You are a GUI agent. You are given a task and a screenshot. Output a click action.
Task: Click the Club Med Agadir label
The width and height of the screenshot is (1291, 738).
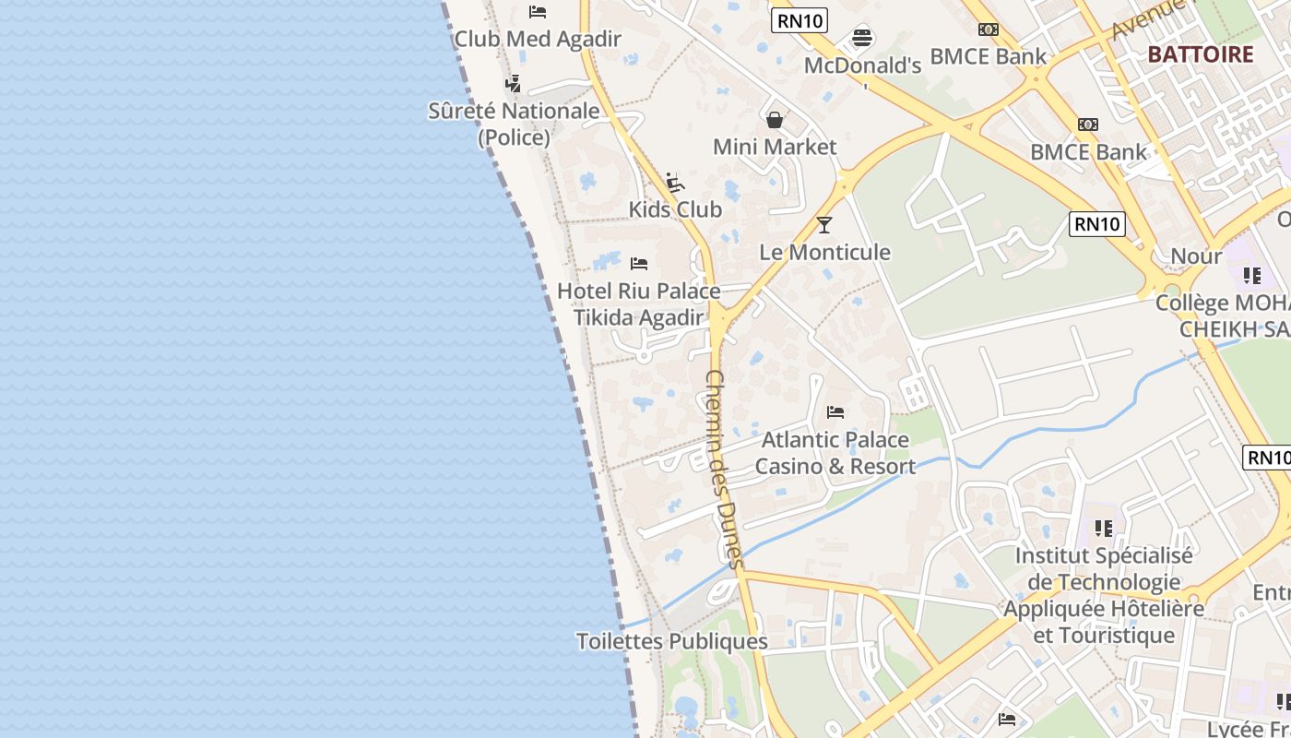point(538,39)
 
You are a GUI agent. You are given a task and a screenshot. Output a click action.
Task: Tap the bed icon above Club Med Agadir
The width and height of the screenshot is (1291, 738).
point(538,12)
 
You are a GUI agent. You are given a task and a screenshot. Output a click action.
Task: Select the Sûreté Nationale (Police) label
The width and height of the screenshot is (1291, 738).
point(514,124)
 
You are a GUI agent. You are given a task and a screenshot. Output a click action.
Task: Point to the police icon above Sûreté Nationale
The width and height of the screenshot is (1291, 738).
point(514,84)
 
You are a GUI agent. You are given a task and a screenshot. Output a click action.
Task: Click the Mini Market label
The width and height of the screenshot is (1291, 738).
point(775,147)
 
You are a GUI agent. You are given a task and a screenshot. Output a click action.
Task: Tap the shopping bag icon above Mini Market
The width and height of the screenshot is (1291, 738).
point(775,120)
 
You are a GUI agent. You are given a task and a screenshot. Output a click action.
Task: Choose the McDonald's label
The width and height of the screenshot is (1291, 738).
point(862,65)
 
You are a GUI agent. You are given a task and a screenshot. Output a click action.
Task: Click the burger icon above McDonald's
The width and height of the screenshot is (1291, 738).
point(862,38)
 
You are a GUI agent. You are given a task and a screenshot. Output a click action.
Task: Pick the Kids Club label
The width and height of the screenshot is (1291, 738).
point(675,209)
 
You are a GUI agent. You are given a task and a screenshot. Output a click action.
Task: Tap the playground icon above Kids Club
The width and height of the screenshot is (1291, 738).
point(675,182)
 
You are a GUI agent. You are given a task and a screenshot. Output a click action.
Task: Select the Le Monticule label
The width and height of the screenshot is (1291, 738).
point(824,252)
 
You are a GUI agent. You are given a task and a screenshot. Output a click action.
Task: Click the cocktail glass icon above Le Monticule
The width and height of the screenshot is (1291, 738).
point(824,225)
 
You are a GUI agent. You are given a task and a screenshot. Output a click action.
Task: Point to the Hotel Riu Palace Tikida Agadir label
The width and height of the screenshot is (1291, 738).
point(638,304)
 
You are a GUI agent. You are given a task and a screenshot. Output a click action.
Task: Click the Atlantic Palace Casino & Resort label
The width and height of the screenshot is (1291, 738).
point(835,453)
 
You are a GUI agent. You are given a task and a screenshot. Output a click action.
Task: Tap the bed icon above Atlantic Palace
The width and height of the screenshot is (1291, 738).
point(835,411)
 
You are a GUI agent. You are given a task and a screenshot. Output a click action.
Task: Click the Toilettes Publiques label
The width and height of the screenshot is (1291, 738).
point(671,641)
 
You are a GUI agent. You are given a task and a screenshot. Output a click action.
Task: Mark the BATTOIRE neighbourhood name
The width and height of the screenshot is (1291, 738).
point(1201,54)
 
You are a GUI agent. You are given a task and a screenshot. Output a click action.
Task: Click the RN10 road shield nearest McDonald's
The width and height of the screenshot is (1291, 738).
point(799,20)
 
